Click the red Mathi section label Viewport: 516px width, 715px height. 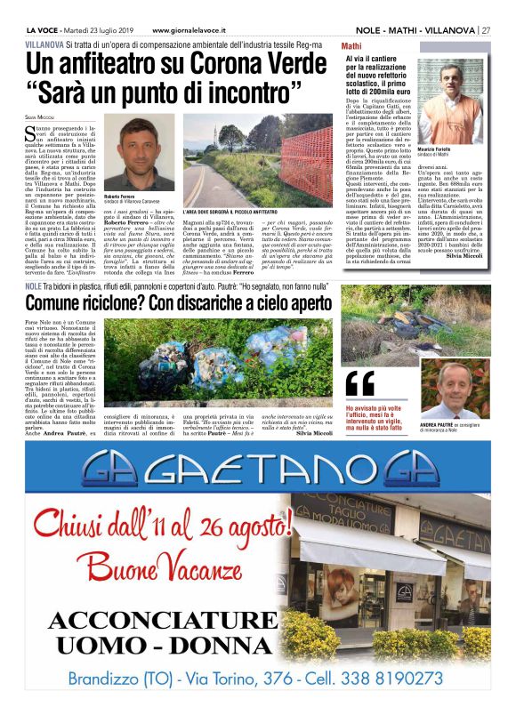pyautogui.click(x=352, y=44)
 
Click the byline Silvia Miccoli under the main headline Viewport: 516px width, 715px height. pyautogui.click(x=39, y=117)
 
